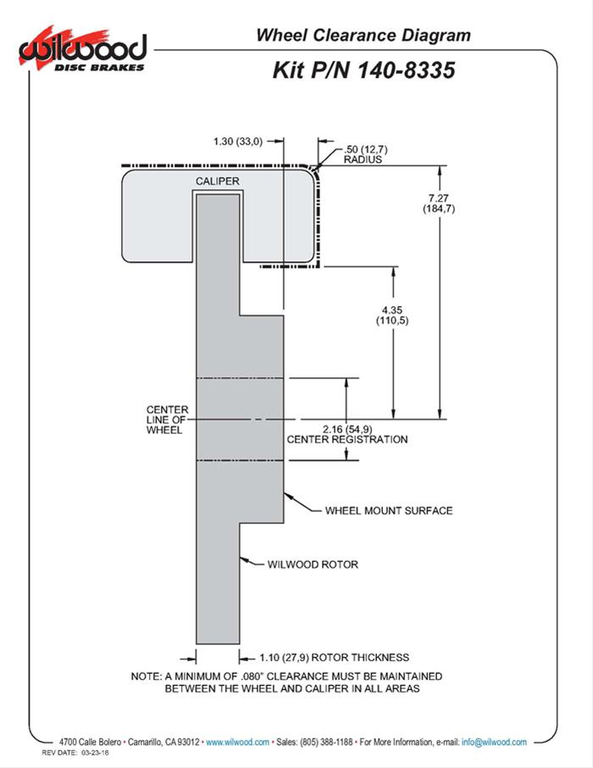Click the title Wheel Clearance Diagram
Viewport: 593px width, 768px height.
363,35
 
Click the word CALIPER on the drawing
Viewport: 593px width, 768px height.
218,181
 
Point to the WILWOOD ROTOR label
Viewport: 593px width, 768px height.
313,564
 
